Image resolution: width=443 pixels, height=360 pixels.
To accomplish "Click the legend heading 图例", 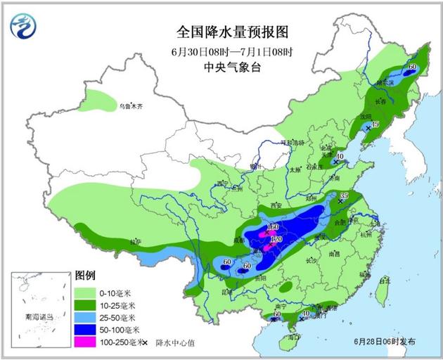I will coord(85,275).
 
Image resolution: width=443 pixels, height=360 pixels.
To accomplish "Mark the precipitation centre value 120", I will coord(276,240).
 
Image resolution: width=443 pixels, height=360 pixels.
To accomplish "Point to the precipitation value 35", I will coord(345,195).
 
